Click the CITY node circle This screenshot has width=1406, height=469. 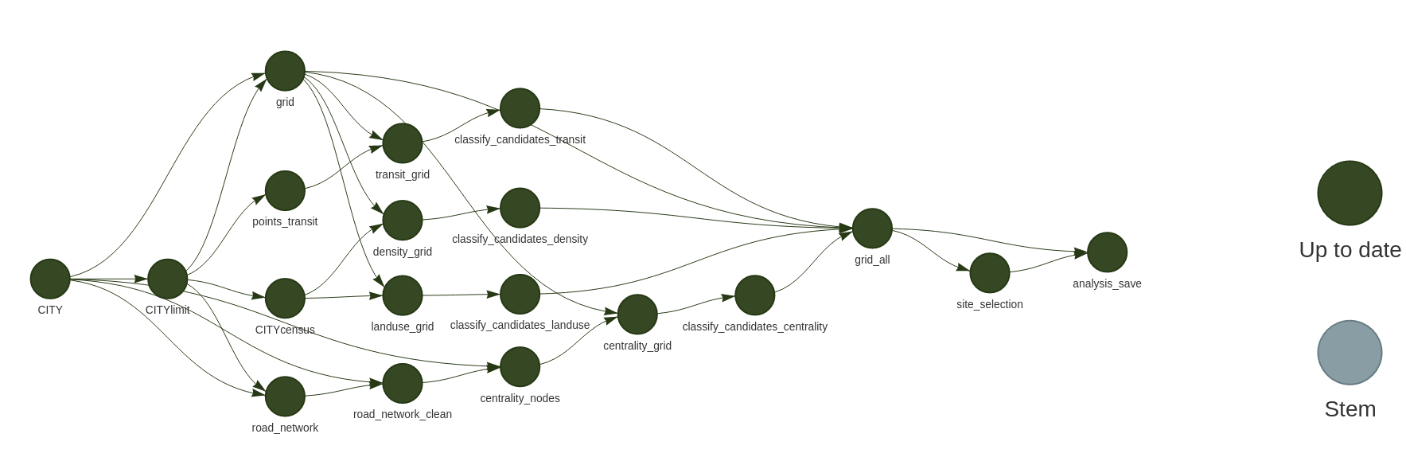click(x=50, y=279)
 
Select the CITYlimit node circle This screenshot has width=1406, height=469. click(x=167, y=279)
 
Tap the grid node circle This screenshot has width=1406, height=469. click(x=285, y=71)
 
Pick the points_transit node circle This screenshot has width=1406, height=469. click(x=285, y=190)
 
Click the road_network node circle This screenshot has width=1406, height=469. click(x=285, y=397)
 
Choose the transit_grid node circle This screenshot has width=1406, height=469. click(x=403, y=143)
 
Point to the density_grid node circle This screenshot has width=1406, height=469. click(x=403, y=220)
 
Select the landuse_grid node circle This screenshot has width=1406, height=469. click(x=403, y=295)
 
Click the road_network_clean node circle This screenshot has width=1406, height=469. click(x=403, y=383)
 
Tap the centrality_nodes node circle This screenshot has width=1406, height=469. click(x=520, y=366)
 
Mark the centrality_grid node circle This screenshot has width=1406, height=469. click(x=637, y=315)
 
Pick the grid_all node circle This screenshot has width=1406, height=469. click(x=872, y=229)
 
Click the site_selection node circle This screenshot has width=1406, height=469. click(x=990, y=273)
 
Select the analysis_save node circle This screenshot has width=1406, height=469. click(x=1107, y=252)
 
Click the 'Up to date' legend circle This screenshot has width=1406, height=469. click(x=1350, y=193)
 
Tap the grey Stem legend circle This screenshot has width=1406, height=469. click(x=1350, y=353)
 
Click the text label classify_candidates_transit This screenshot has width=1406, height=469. click(x=520, y=139)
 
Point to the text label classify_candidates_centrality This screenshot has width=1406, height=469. click(x=754, y=326)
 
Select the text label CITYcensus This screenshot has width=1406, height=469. click(x=285, y=330)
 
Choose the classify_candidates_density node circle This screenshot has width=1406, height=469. click(x=520, y=208)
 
